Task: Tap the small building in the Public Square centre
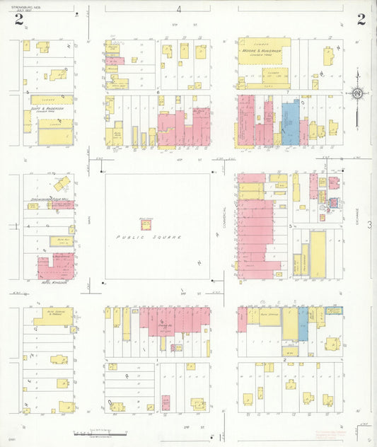[x=146, y=224]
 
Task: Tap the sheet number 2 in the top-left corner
[x=19, y=20]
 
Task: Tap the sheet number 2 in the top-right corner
[x=361, y=20]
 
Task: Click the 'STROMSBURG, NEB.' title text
[x=26, y=8]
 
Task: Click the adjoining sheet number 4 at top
[x=179, y=9]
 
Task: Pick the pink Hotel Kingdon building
[x=55, y=267]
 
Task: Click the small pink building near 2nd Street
[x=166, y=402]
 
